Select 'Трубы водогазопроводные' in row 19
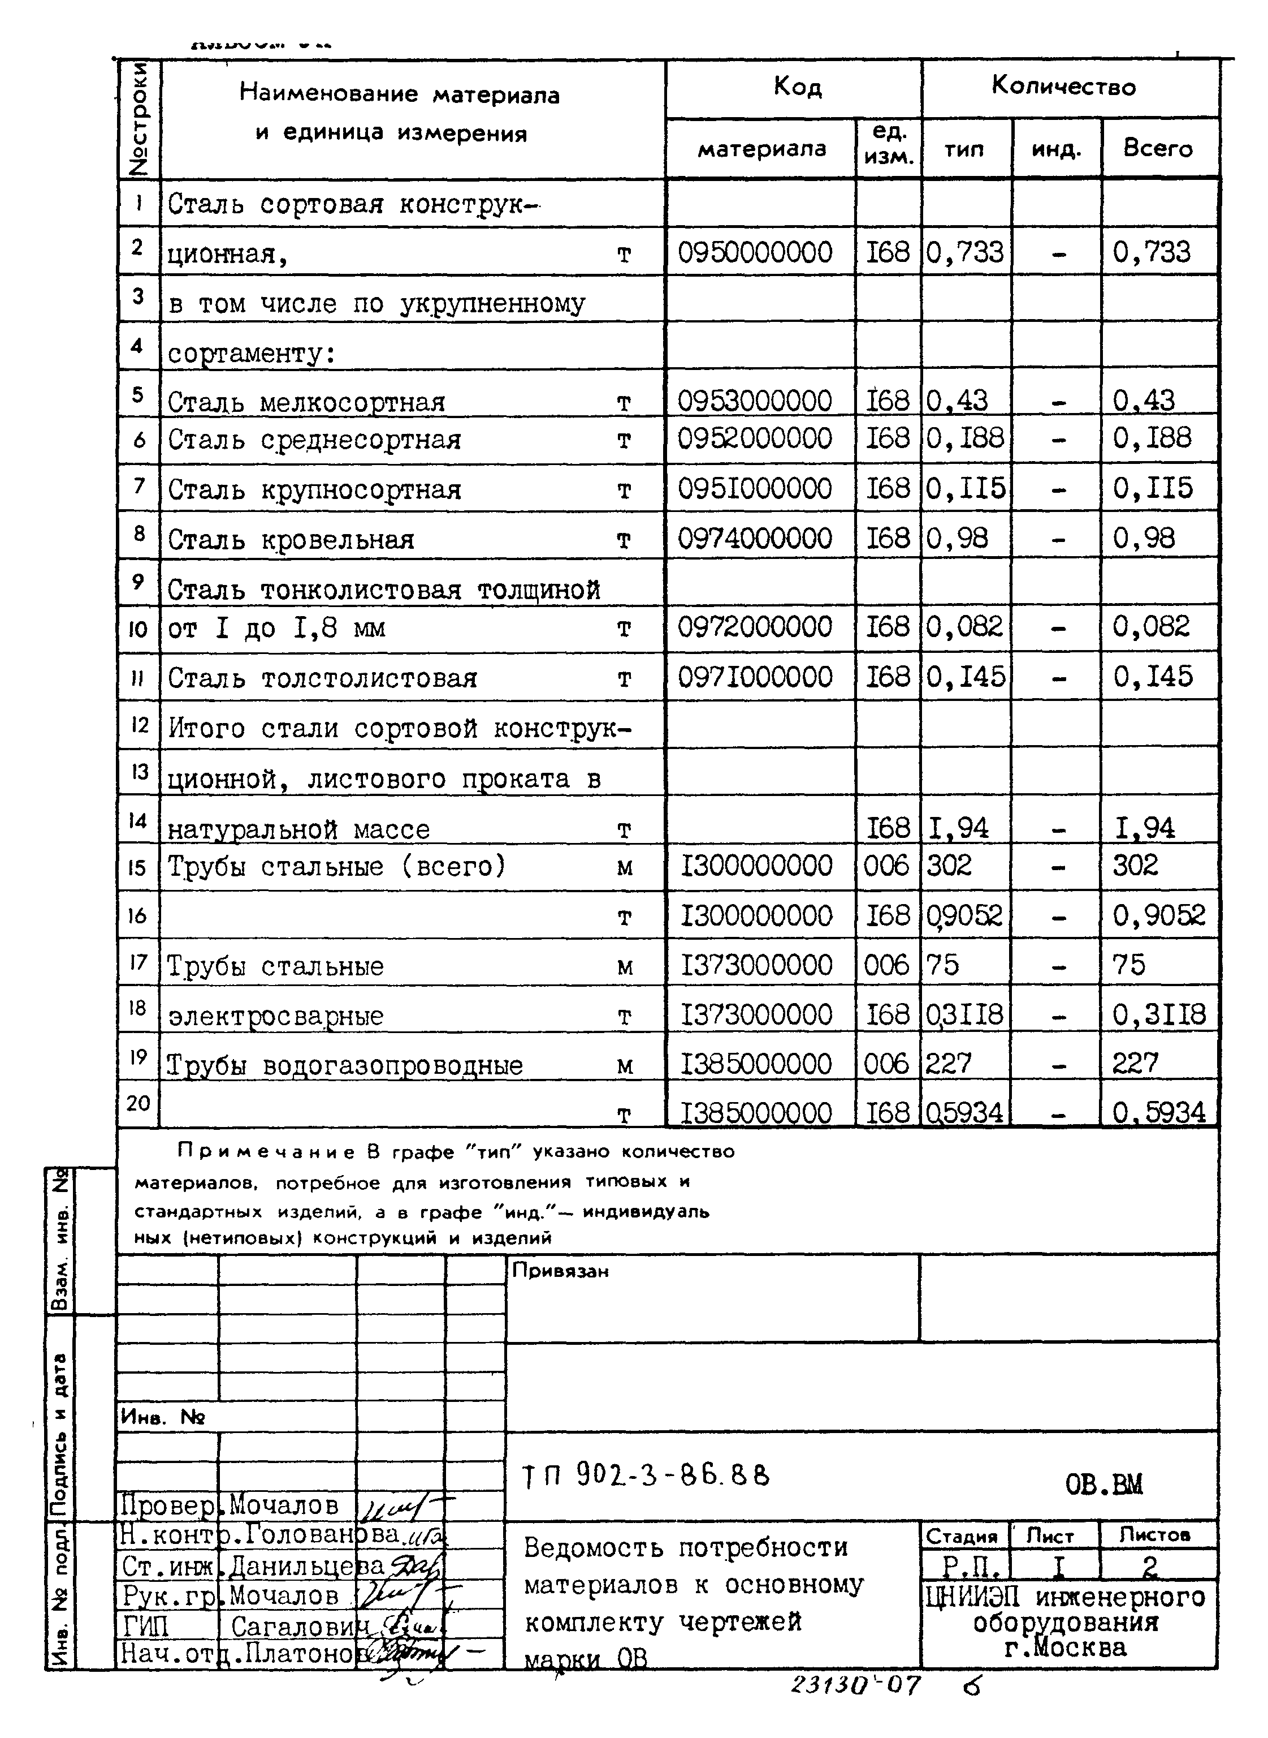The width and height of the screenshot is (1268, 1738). (345, 1066)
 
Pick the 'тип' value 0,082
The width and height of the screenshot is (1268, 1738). (964, 627)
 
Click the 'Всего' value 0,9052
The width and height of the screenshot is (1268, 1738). (1158, 915)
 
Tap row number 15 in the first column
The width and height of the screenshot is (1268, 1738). (137, 868)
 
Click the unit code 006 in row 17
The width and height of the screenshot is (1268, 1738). (886, 965)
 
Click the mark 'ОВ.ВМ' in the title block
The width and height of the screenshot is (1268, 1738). (1103, 1485)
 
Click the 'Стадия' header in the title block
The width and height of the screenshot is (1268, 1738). (962, 1537)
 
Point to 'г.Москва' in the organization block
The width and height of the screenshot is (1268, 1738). (1064, 1648)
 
